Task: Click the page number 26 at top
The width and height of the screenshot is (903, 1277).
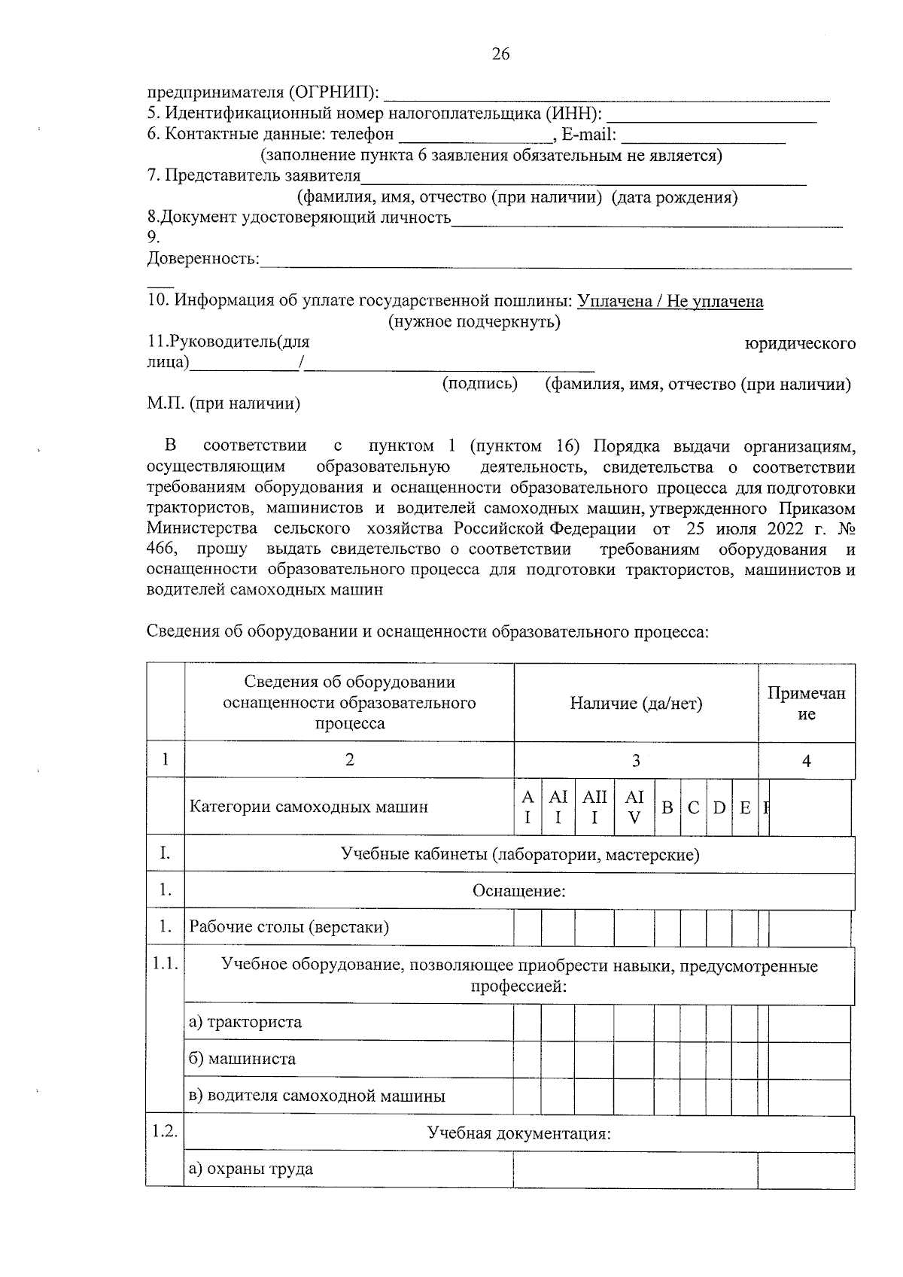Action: coord(500,54)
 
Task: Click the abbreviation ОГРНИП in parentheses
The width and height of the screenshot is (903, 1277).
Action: coord(330,93)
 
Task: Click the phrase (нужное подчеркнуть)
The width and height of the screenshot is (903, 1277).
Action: coord(474,322)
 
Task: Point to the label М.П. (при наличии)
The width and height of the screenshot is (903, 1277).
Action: coord(223,404)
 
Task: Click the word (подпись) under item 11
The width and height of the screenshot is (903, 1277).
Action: coord(479,384)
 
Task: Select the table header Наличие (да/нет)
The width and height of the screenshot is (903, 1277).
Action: coord(636,704)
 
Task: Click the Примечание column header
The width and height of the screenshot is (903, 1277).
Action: coord(806,704)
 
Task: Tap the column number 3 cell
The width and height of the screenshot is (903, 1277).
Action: coord(636,761)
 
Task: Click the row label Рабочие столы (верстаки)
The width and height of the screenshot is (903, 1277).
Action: coord(289,927)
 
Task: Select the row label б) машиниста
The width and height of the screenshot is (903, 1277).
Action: coord(242,1059)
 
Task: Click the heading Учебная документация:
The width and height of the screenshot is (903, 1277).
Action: coord(518,1133)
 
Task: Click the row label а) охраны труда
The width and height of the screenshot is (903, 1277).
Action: coord(251,1169)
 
